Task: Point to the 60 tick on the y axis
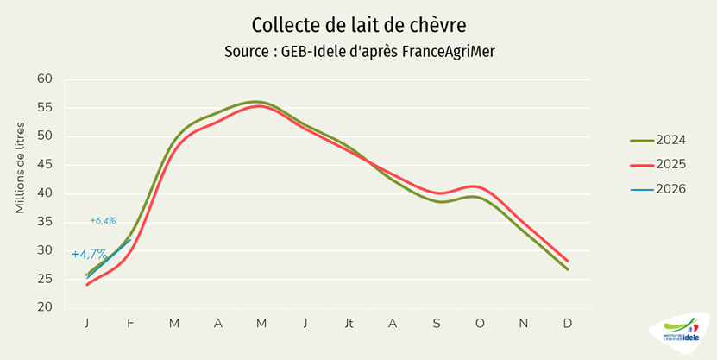tap(45, 79)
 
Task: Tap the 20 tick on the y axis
tap(45, 308)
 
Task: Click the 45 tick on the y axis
tap(45, 165)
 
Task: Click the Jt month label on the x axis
tap(349, 323)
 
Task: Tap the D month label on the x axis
tap(567, 323)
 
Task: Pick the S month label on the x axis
tap(437, 323)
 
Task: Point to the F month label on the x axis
tap(130, 323)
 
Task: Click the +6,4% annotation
tap(103, 221)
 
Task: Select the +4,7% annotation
tap(89, 255)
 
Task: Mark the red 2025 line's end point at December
tap(567, 261)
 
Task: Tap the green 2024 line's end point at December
tap(567, 269)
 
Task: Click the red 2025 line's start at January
tap(87, 285)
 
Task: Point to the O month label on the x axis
tap(480, 323)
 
